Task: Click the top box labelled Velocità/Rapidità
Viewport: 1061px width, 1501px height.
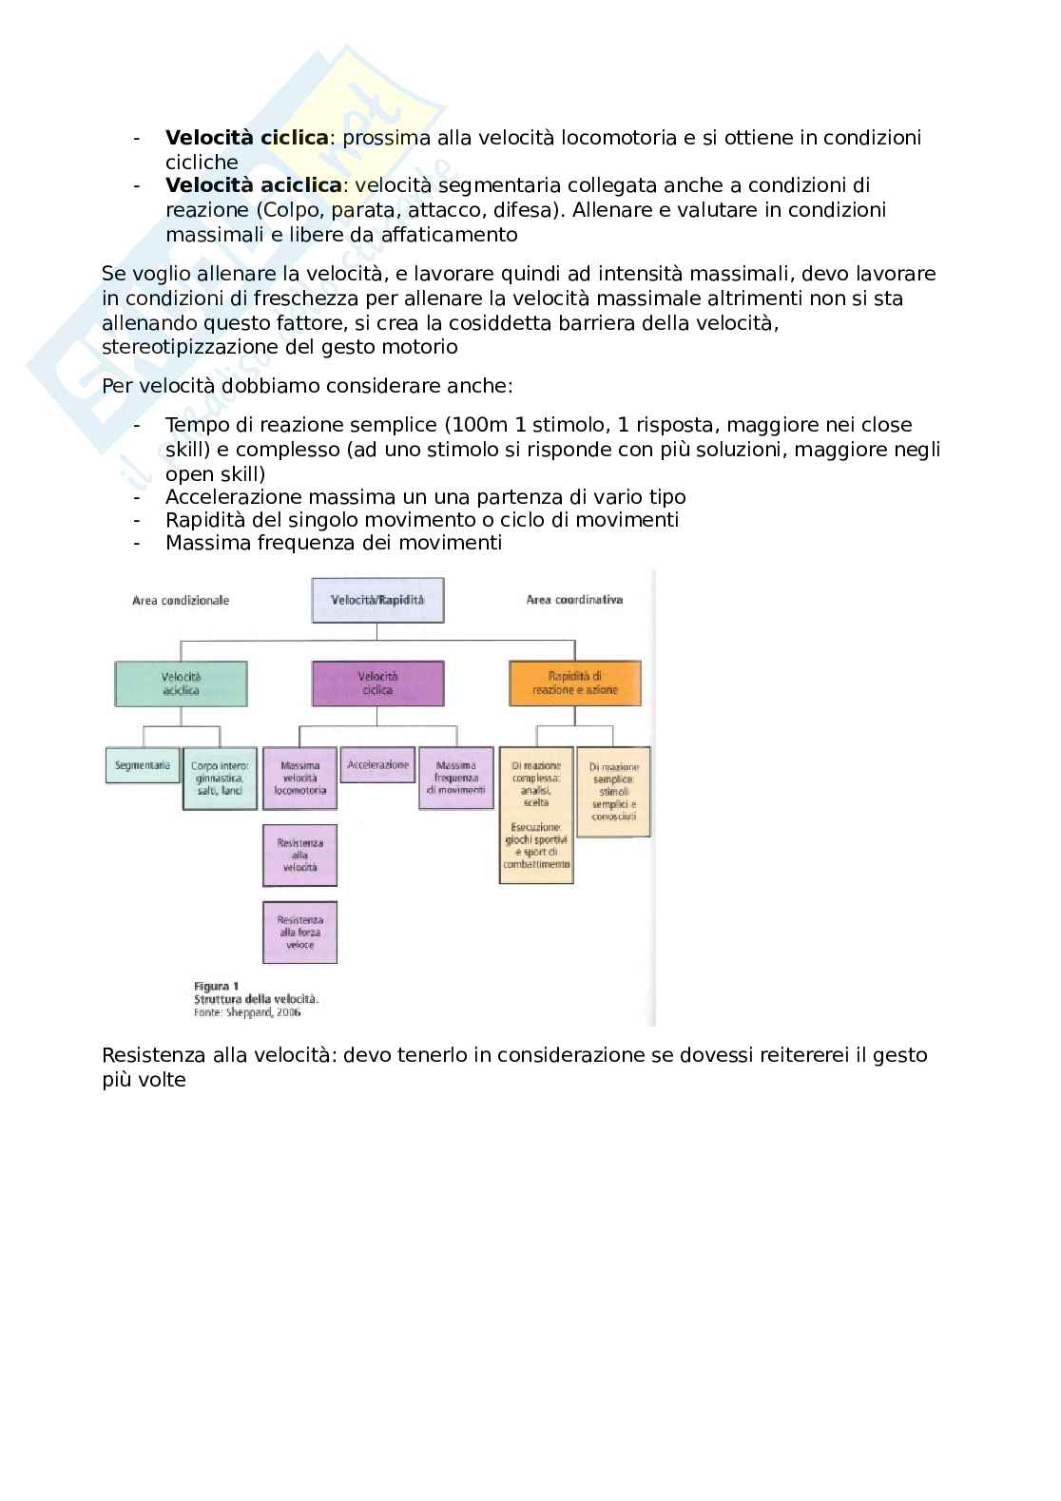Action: click(x=377, y=601)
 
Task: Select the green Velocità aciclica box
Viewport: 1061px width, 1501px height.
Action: click(x=181, y=683)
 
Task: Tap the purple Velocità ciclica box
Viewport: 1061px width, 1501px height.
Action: click(x=377, y=683)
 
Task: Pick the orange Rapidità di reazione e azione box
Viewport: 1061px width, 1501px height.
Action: click(x=575, y=683)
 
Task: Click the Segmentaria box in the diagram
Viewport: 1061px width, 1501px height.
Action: click(x=143, y=765)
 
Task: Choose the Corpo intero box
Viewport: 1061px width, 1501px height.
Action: click(x=220, y=778)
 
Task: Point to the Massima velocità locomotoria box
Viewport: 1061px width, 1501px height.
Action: click(x=299, y=778)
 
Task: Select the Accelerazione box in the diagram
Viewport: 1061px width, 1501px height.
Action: click(x=377, y=765)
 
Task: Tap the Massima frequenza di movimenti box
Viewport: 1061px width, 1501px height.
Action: click(x=456, y=778)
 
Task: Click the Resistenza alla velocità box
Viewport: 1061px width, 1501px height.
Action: click(x=299, y=855)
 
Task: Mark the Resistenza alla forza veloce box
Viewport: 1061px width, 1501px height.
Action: click(x=299, y=932)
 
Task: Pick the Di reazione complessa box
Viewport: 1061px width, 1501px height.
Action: click(x=536, y=815)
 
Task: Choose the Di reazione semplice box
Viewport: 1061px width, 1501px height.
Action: click(x=613, y=791)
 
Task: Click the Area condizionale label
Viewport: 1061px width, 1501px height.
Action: click(x=181, y=601)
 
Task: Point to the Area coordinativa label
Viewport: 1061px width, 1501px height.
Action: click(x=574, y=600)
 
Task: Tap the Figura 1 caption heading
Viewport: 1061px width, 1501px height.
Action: click(x=216, y=986)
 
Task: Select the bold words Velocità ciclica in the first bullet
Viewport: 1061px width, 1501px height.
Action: click(x=247, y=138)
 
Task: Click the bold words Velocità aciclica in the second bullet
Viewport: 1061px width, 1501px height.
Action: click(x=253, y=184)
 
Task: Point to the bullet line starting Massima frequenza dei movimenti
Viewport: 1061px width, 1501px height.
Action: click(x=333, y=543)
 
